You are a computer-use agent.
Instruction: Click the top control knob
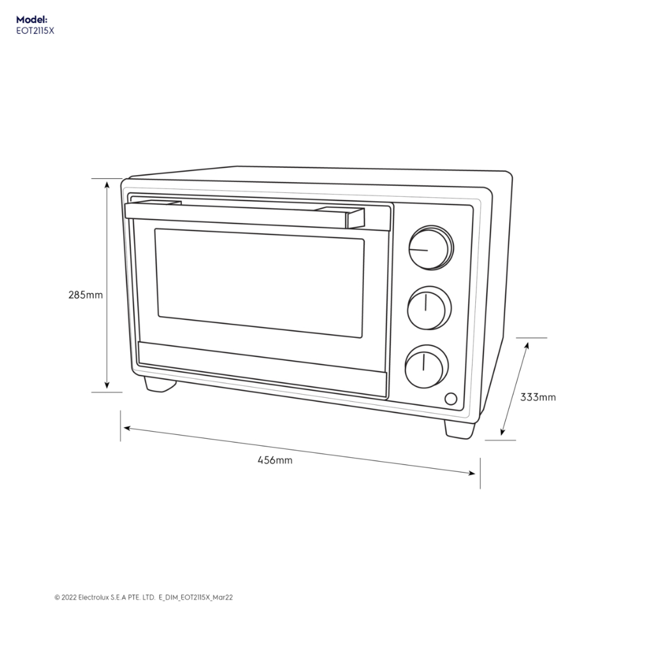click(430, 247)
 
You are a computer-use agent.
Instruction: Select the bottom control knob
click(426, 366)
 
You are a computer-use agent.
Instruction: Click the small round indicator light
click(450, 399)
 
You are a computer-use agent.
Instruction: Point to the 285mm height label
click(86, 295)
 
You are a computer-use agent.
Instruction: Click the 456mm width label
click(275, 460)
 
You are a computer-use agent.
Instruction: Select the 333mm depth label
click(538, 397)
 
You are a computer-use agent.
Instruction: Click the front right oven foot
click(460, 429)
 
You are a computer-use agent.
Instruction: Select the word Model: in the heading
click(32, 20)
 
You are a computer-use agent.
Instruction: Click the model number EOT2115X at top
click(35, 30)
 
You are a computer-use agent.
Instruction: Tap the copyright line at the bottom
click(144, 598)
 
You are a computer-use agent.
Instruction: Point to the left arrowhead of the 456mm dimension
click(126, 429)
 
